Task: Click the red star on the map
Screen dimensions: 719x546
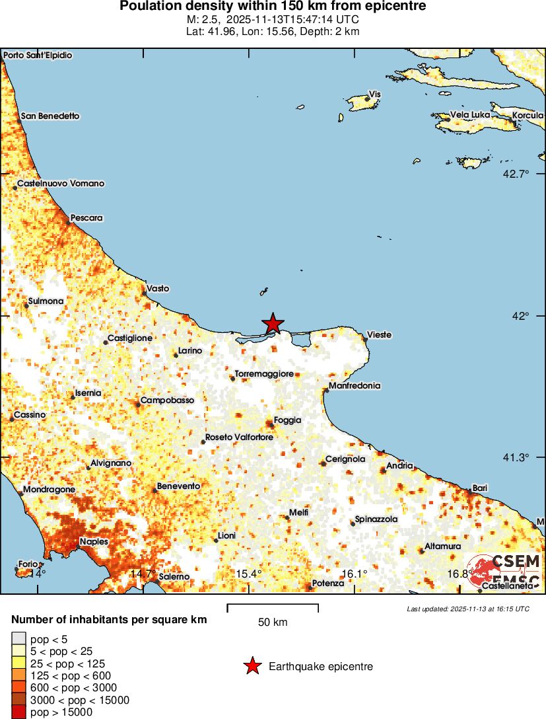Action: [x=273, y=323]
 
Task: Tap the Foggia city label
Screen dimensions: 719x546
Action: [x=287, y=420]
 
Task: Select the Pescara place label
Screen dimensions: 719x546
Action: [x=86, y=218]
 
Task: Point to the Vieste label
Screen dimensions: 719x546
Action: [x=379, y=335]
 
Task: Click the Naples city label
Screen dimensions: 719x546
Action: [x=94, y=542]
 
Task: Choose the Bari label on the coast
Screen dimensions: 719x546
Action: [x=480, y=488]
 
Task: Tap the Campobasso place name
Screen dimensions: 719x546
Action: [x=167, y=400]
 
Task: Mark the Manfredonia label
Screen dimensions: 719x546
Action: [x=355, y=386]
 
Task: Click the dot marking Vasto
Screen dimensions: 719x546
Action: [x=144, y=293]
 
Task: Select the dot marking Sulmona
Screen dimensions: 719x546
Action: [x=26, y=305]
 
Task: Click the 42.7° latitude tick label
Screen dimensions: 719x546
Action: [x=516, y=174]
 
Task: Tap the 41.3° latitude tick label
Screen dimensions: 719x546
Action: [x=516, y=457]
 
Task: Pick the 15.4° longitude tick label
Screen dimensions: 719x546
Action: [x=249, y=574]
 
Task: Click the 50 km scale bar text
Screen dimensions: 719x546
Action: [x=272, y=622]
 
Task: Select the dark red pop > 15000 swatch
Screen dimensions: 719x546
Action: [x=18, y=712]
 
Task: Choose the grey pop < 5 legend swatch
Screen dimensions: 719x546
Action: [x=18, y=638]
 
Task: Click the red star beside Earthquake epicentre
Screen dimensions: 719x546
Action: [x=252, y=667]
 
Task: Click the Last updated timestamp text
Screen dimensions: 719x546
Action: [x=468, y=609]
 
